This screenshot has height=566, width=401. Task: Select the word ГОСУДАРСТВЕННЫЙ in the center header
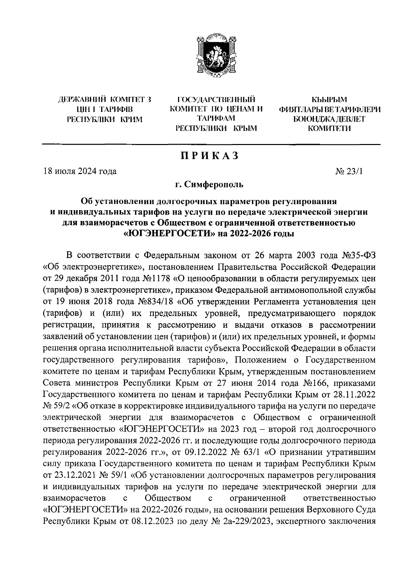(216, 99)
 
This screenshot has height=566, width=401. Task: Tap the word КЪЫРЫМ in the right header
(329, 99)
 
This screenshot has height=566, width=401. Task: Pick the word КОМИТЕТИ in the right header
(329, 128)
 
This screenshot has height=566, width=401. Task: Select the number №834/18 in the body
(154, 302)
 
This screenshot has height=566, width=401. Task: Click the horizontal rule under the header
(211, 144)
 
